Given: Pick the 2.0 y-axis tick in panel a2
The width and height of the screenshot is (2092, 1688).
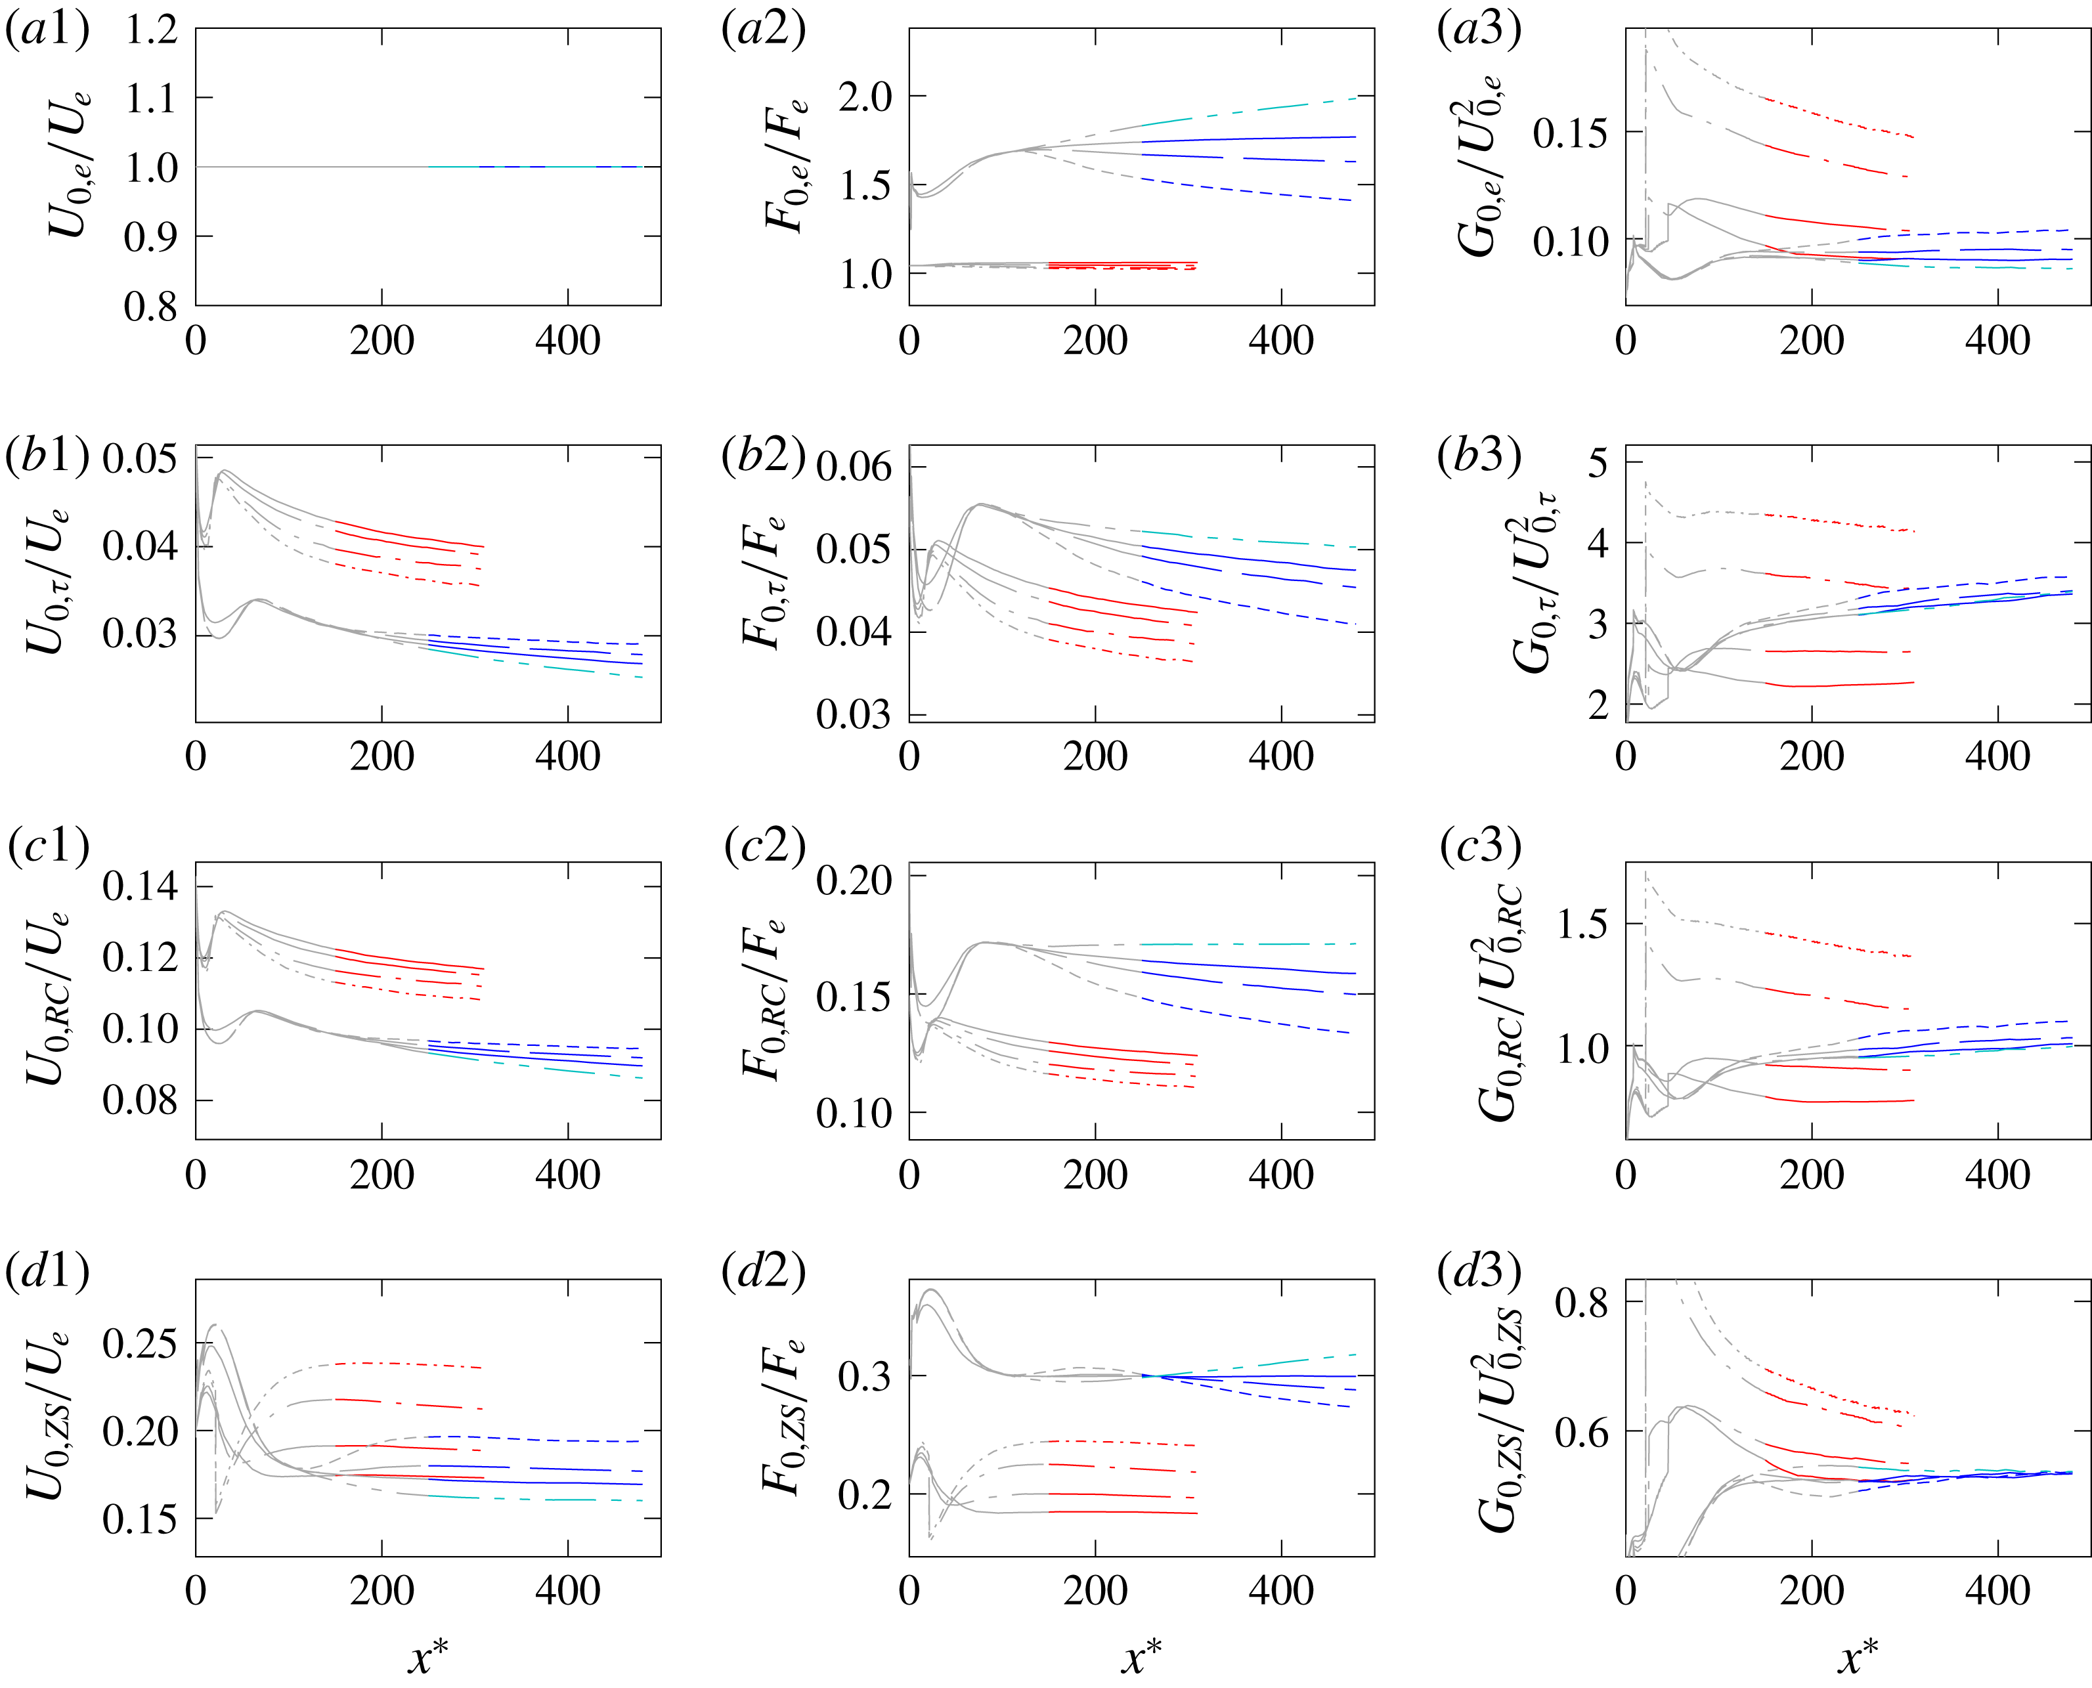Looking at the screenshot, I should point(865,97).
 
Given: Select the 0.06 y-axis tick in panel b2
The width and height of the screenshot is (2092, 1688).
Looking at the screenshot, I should point(853,467).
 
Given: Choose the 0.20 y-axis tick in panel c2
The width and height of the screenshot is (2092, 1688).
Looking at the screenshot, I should point(853,880).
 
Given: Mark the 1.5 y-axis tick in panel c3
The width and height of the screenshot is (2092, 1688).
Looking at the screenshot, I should point(1583,924).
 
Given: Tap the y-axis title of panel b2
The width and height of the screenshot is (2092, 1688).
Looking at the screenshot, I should point(764,584).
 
